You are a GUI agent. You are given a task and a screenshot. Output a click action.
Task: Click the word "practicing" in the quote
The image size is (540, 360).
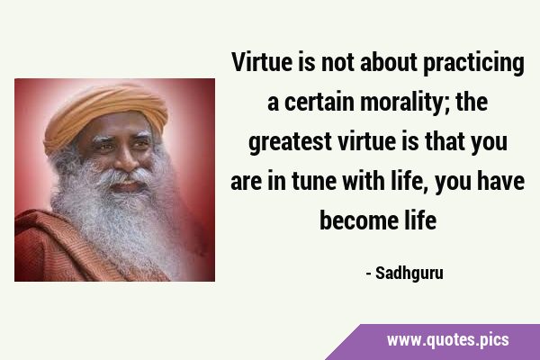(x=473, y=64)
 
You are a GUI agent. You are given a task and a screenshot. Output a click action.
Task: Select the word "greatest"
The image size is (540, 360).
(x=290, y=142)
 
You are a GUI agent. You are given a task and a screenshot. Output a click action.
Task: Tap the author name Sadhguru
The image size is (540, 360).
(x=409, y=274)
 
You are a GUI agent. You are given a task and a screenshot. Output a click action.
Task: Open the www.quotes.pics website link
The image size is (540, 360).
(x=447, y=340)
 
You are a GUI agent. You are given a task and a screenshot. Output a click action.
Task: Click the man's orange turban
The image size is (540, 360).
(x=105, y=112)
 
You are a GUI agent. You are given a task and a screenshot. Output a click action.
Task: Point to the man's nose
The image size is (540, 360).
(x=126, y=158)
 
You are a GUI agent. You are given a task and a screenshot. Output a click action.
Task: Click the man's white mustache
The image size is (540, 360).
(x=126, y=176)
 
